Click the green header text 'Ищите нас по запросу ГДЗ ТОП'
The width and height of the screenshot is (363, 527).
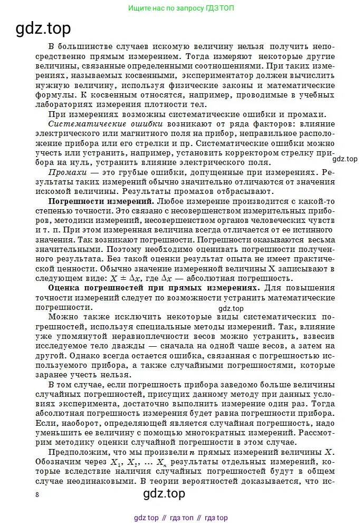tap(182, 8)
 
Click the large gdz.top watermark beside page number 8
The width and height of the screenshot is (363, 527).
tap(164, 493)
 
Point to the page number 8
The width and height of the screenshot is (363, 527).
tap(36, 494)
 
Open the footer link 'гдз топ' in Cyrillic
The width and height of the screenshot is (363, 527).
tap(182, 518)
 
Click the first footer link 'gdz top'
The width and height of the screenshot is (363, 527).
tap(147, 518)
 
